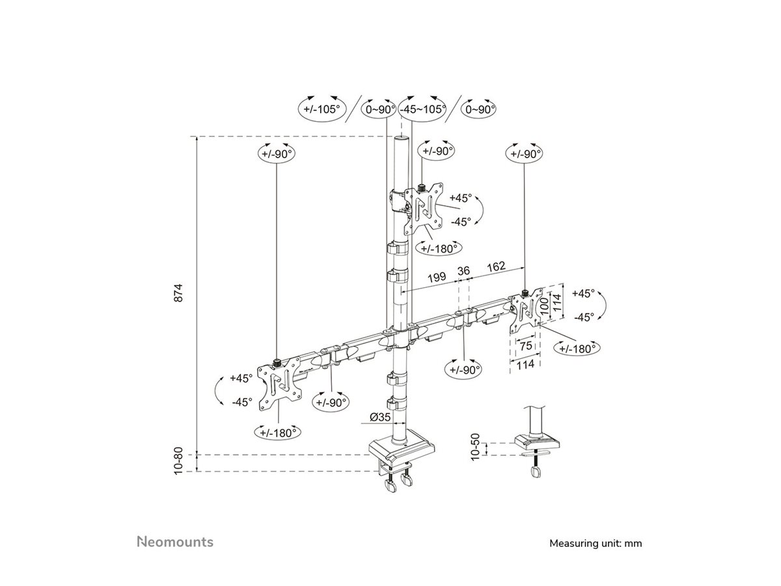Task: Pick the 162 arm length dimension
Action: pos(496,266)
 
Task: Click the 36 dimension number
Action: pos(464,270)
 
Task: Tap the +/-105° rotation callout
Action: pos(323,109)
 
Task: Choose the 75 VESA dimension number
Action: pos(525,345)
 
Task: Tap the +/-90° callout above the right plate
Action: pos(525,154)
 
